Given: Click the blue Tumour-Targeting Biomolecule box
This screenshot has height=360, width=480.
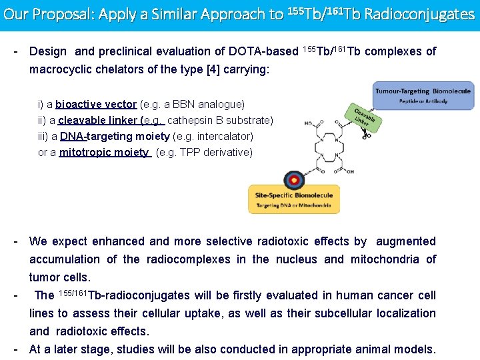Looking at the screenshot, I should click(x=423, y=95).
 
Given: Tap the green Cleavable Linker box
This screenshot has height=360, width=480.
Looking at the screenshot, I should click(x=363, y=118).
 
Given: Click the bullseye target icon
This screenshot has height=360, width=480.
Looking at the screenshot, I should click(x=293, y=180).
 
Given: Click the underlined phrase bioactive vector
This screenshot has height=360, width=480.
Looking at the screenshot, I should click(x=97, y=105).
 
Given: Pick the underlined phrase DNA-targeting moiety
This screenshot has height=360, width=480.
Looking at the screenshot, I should click(x=115, y=137).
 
